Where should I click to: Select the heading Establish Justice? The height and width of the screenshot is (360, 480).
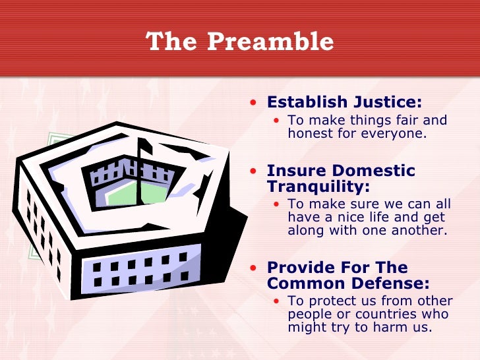[x=344, y=103]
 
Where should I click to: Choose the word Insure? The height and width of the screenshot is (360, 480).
[x=295, y=171]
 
